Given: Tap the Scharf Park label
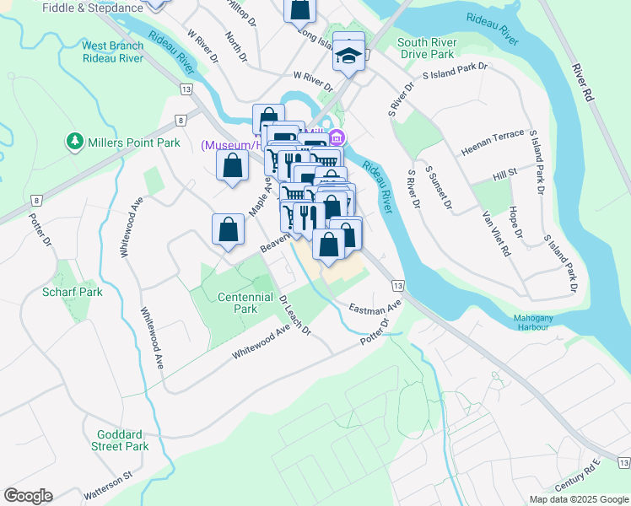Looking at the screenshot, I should (72, 293).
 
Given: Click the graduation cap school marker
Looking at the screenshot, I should (348, 53).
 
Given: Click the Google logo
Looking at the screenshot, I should (28, 496).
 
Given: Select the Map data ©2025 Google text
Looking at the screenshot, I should (578, 499).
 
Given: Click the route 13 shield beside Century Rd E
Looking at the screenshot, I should (623, 462).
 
